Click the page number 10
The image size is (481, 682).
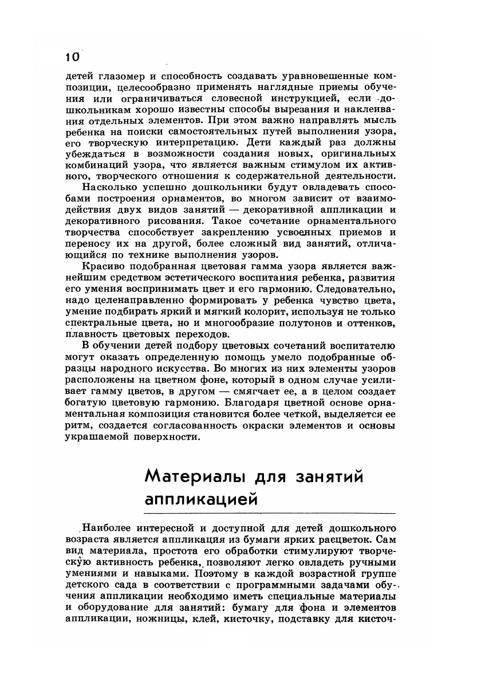point(73,57)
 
